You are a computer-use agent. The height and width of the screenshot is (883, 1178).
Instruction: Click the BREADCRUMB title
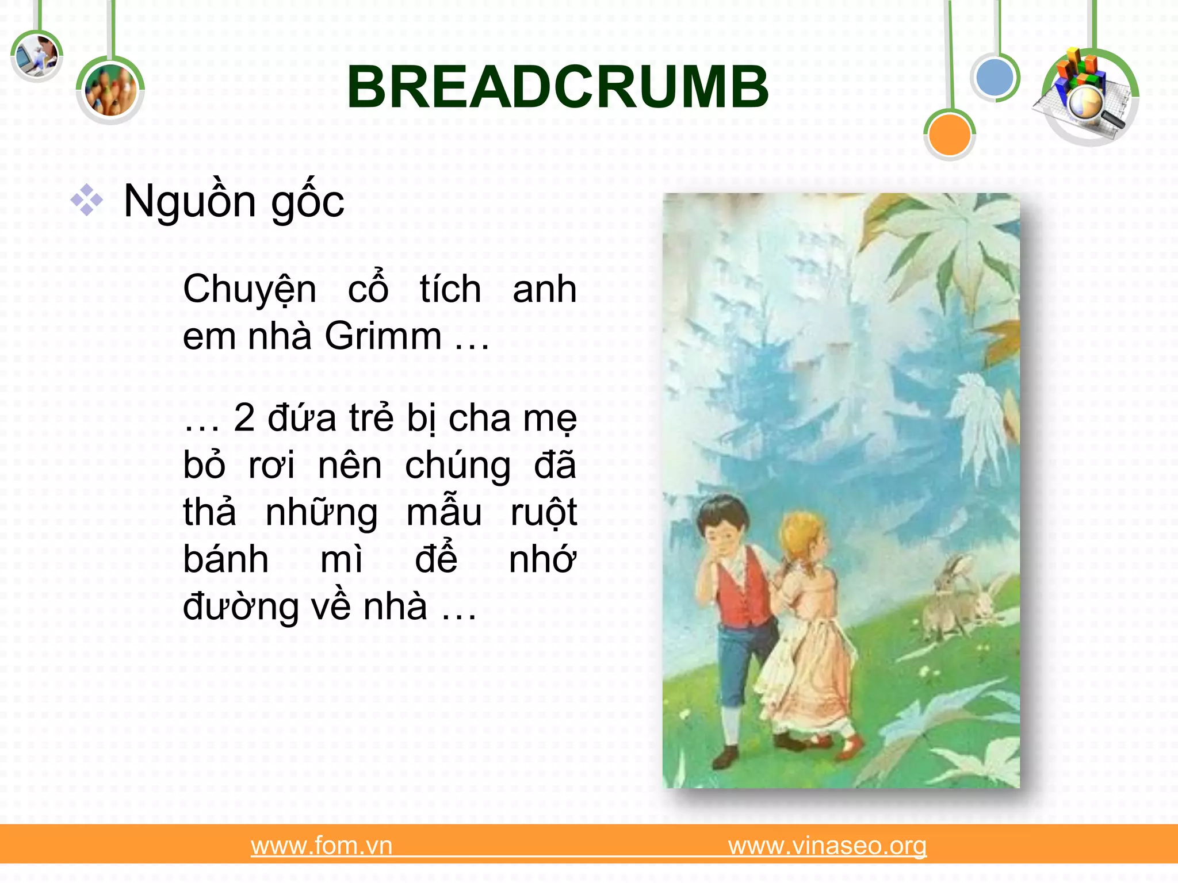(x=557, y=87)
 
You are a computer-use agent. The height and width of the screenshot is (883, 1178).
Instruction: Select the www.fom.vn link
(x=322, y=846)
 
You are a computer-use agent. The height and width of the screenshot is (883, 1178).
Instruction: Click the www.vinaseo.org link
(x=827, y=846)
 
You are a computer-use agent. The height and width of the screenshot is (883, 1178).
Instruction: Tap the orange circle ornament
(x=949, y=135)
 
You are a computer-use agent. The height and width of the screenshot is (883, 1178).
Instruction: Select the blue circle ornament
(x=995, y=78)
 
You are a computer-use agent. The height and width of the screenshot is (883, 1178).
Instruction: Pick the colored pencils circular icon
(x=110, y=91)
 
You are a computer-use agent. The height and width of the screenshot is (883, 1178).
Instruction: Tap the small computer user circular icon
(x=36, y=56)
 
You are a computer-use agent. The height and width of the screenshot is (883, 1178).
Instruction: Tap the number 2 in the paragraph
(x=244, y=418)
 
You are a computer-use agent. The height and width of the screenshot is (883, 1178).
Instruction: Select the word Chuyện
(x=250, y=290)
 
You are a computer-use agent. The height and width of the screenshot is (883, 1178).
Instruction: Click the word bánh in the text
(x=225, y=559)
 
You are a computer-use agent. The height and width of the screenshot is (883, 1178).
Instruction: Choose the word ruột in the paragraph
(x=543, y=513)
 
